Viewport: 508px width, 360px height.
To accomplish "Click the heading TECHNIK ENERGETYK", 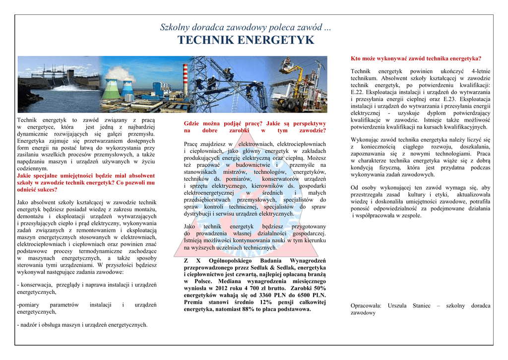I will click(x=246, y=40).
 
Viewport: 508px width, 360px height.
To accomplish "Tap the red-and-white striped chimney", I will click(x=185, y=79).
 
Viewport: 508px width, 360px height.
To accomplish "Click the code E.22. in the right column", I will click(x=358, y=92).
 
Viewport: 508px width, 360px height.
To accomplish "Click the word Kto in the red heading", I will click(x=356, y=58).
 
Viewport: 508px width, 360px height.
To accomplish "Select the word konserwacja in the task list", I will click(x=36, y=285).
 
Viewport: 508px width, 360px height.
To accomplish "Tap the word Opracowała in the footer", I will click(x=366, y=305).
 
